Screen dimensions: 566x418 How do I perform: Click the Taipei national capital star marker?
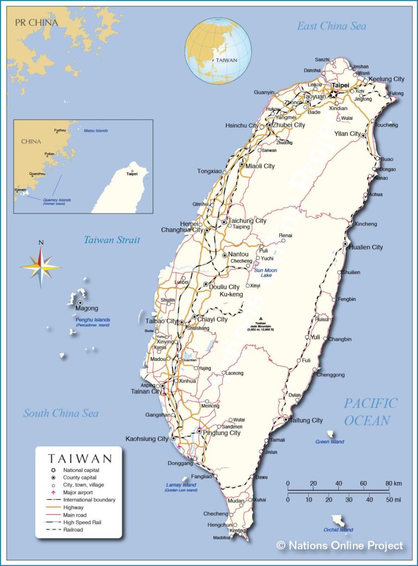click(333, 95)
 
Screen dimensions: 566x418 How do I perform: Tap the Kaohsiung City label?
click(147, 439)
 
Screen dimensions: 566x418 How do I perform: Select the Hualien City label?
click(366, 247)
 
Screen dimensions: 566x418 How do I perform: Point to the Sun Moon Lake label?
click(266, 272)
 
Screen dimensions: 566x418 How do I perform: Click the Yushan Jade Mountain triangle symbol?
click(261, 318)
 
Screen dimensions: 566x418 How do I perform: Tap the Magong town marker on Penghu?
click(80, 303)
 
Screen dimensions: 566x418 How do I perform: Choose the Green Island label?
click(330, 442)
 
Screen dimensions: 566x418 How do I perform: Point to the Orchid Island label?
click(338, 530)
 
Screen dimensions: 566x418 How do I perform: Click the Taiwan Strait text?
click(112, 240)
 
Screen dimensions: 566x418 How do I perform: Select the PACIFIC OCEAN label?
click(370, 412)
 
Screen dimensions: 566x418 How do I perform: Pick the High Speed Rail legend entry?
click(81, 522)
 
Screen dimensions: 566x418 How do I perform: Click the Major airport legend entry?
click(78, 492)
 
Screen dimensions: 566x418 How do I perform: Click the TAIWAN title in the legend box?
click(80, 458)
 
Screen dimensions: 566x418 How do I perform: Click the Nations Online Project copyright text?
click(340, 546)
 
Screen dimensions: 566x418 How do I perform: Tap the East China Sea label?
click(331, 26)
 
